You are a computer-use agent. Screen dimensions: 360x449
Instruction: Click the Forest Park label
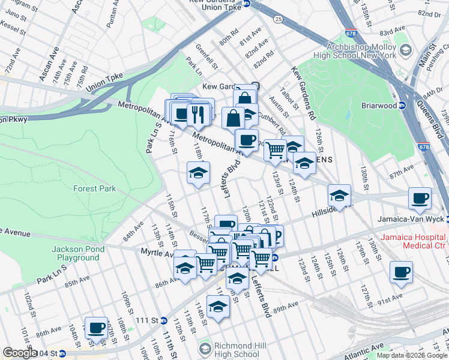coord(94,188)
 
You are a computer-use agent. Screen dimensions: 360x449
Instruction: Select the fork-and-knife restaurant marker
coord(199,113)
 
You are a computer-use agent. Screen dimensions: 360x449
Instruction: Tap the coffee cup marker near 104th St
coord(96,328)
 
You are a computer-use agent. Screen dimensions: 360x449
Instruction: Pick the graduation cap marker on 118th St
coord(197,173)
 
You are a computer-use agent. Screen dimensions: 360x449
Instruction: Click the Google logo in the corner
coord(20,353)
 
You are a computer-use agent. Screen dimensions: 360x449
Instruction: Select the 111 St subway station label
coord(143,322)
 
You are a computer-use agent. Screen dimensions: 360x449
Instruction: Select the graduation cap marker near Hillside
coord(339,196)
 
